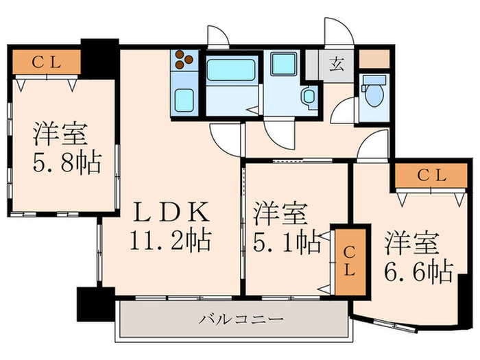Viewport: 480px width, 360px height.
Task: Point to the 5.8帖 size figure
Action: coord(67,163)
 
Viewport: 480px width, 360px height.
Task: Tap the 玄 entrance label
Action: coord(337,65)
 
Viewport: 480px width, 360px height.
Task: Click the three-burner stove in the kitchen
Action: coord(184,60)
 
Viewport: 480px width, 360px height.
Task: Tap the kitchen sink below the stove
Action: coord(184,101)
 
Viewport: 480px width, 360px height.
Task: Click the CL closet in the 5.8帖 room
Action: coord(47,62)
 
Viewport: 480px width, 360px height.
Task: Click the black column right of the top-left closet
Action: coord(99,58)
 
